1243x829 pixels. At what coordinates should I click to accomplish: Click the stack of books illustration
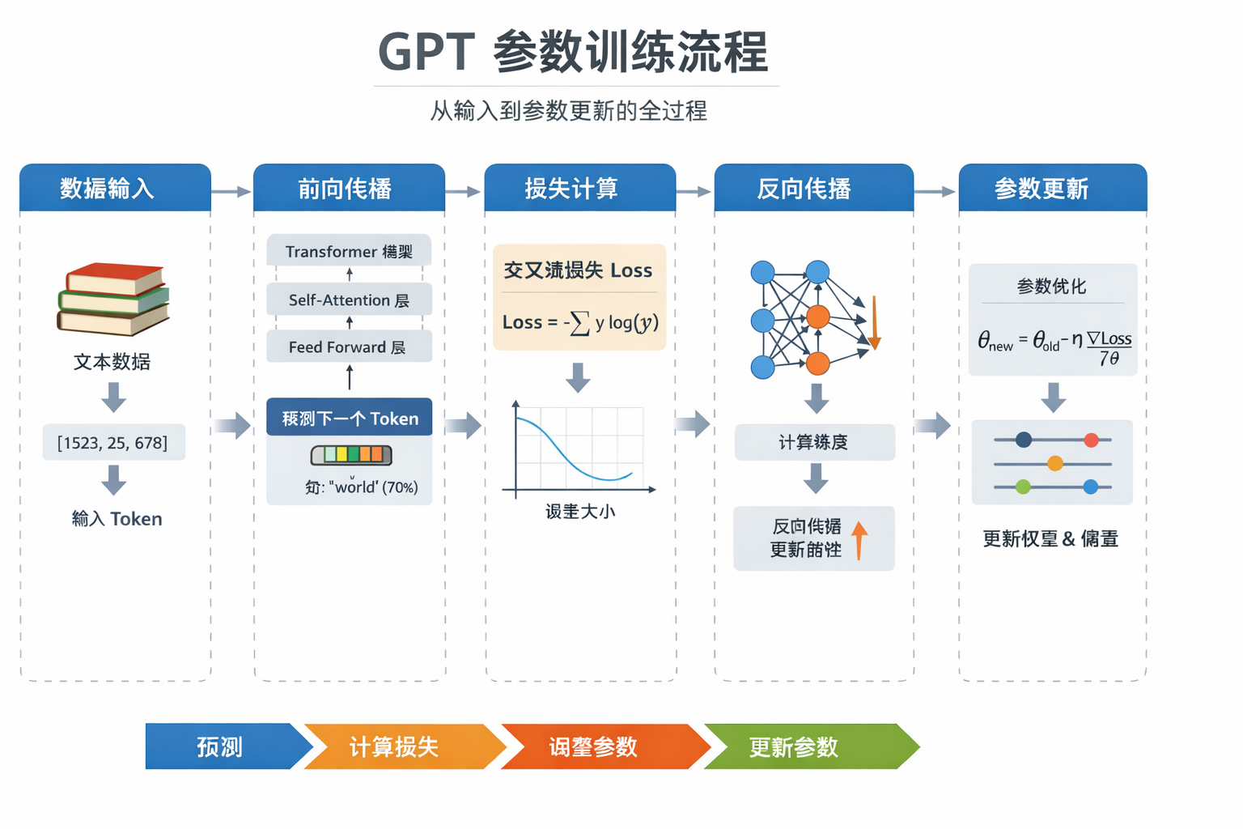pos(113,299)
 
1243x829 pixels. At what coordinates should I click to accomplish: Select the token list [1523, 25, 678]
pos(113,443)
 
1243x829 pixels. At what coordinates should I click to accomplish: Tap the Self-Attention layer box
pos(349,300)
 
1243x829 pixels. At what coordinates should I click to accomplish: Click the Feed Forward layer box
pos(349,347)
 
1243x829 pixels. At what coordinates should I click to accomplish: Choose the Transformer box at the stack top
pos(349,252)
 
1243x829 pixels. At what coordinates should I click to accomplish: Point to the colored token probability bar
pos(351,455)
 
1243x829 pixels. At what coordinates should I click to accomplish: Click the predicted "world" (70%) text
pos(362,487)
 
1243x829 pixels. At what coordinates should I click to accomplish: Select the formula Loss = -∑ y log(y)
pos(579,323)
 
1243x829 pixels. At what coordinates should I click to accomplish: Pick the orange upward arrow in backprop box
pos(859,540)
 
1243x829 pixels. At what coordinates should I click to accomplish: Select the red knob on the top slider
pos(1091,440)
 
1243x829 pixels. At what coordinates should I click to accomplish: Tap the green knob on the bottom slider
pos(1023,487)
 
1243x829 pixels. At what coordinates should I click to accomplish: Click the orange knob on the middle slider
pos(1054,464)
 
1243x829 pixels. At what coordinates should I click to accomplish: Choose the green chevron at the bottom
pos(805,746)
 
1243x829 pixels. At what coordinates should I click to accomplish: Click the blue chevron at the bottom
pos(223,746)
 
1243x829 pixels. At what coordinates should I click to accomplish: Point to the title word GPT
pos(426,53)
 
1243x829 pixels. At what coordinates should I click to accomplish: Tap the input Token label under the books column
pos(117,519)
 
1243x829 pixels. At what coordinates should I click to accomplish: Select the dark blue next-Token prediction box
pos(349,418)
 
